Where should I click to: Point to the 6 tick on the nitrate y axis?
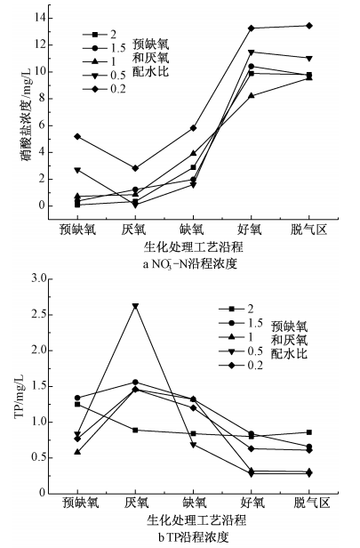(47, 125)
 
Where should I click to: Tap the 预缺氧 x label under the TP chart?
(78, 503)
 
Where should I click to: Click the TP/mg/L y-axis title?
(15, 386)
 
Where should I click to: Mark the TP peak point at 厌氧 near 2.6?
(135, 306)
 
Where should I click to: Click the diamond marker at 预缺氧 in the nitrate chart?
(78, 136)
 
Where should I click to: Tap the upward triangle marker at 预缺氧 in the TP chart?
(78, 452)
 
